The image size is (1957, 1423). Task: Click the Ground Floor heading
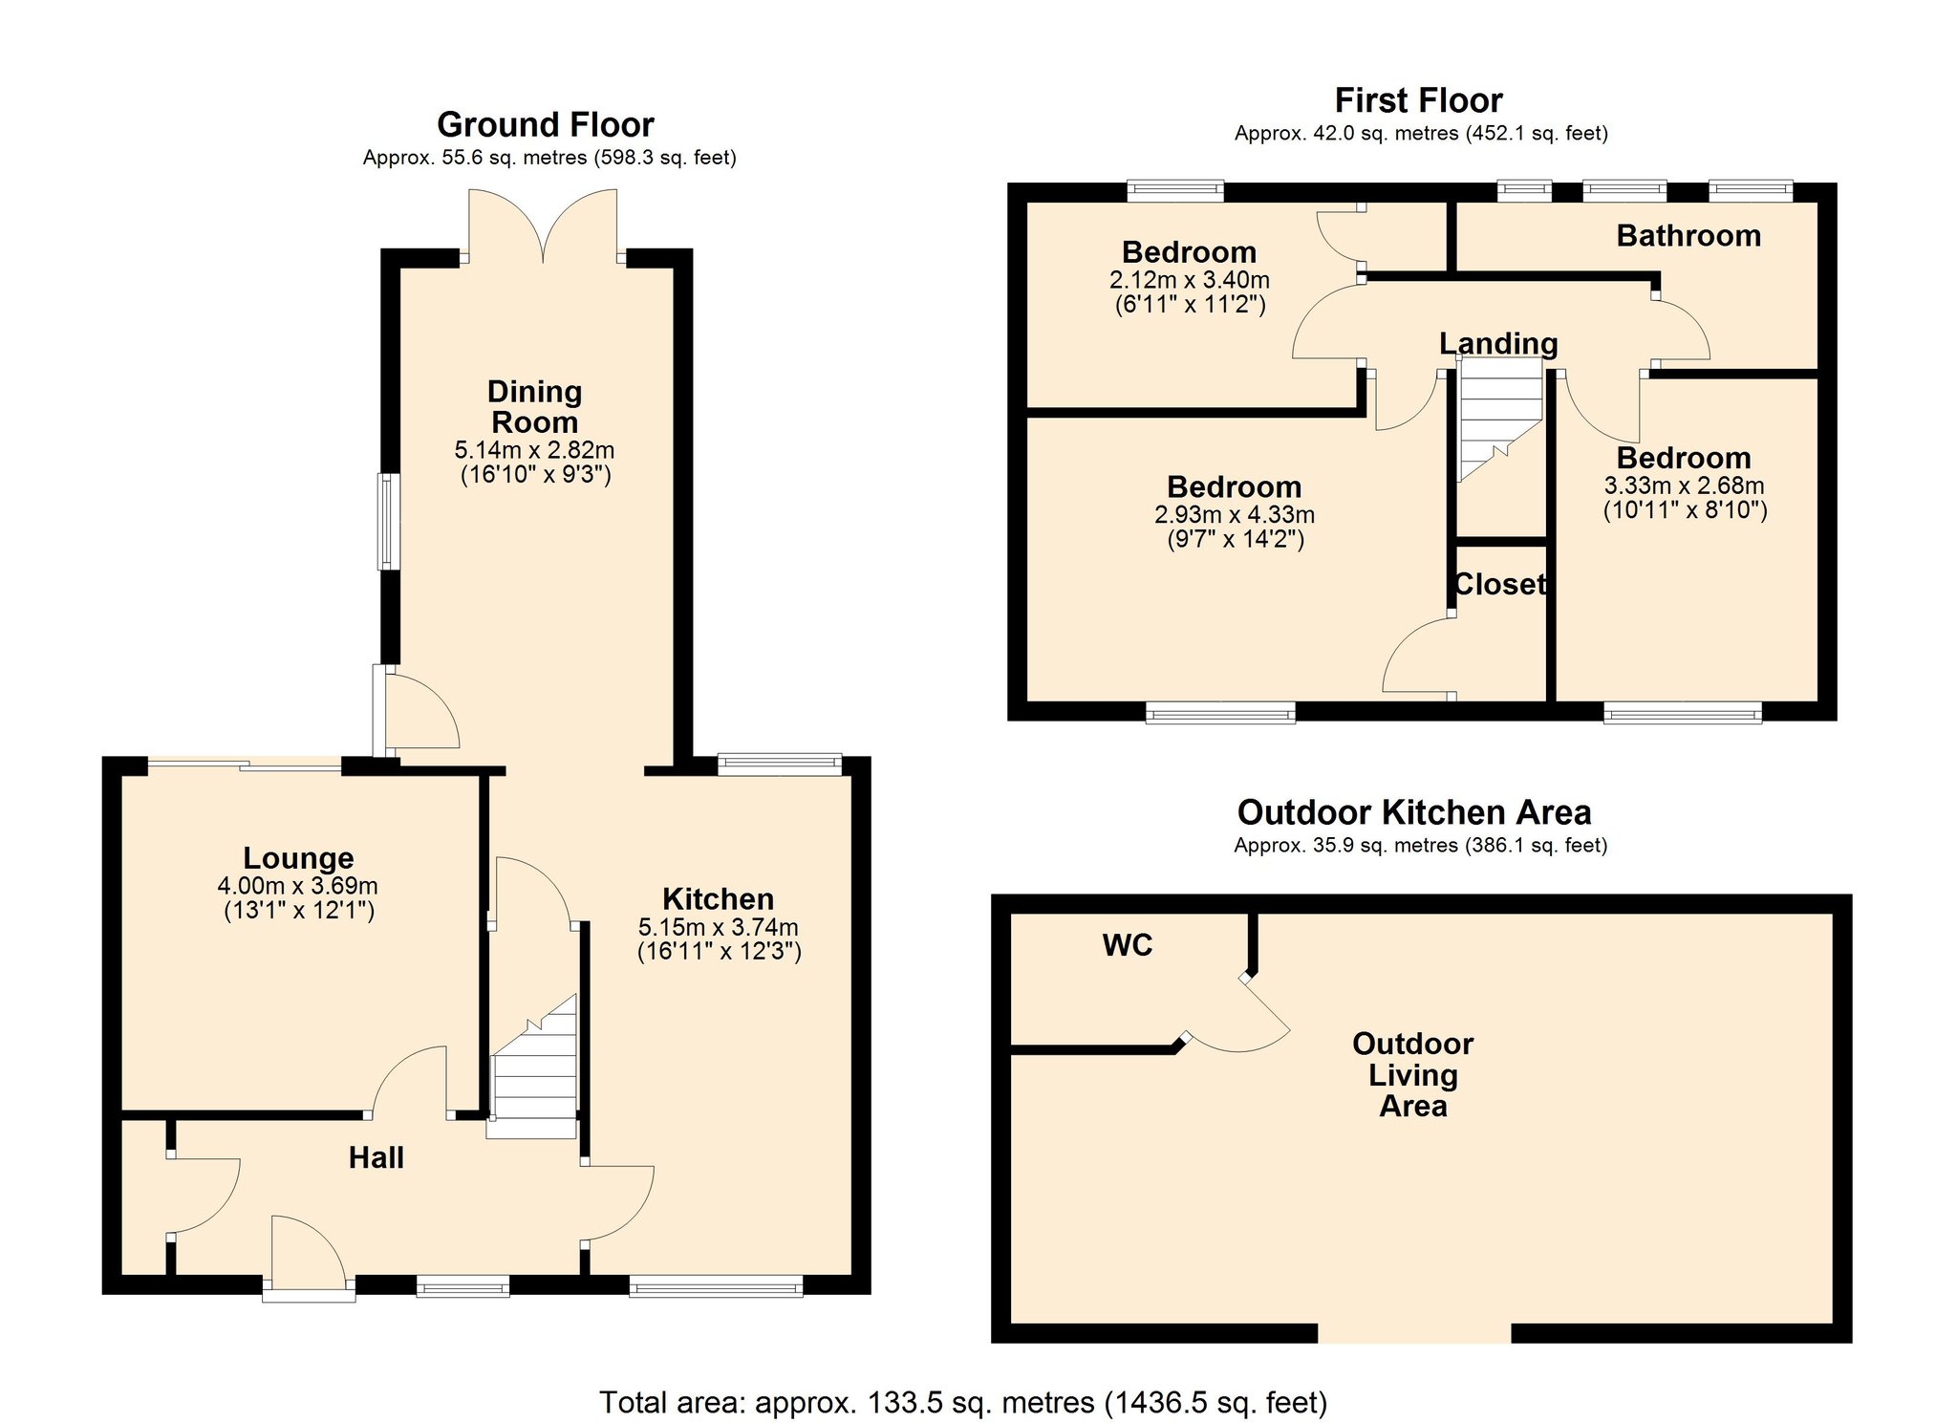point(545,125)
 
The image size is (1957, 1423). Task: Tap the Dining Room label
point(534,407)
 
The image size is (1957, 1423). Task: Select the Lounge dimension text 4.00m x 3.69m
point(297,886)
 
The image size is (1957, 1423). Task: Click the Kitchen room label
point(718,899)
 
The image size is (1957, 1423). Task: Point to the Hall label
point(376,1158)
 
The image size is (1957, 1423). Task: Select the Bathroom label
point(1688,236)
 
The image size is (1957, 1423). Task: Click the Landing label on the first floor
point(1497,343)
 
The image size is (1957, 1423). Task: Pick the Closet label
point(1499,584)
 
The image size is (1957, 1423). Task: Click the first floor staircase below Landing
point(1499,416)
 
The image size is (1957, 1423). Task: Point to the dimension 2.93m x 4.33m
point(1234,515)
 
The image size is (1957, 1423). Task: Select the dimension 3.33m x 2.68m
point(1684,485)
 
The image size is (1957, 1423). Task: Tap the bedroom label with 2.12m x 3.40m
point(1189,252)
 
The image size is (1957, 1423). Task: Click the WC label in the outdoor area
point(1128,945)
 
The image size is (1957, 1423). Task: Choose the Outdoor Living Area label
point(1412,1075)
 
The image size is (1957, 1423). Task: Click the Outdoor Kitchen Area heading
point(1413,812)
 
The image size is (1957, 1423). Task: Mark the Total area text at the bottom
point(962,1402)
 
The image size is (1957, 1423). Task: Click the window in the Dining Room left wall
point(388,522)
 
